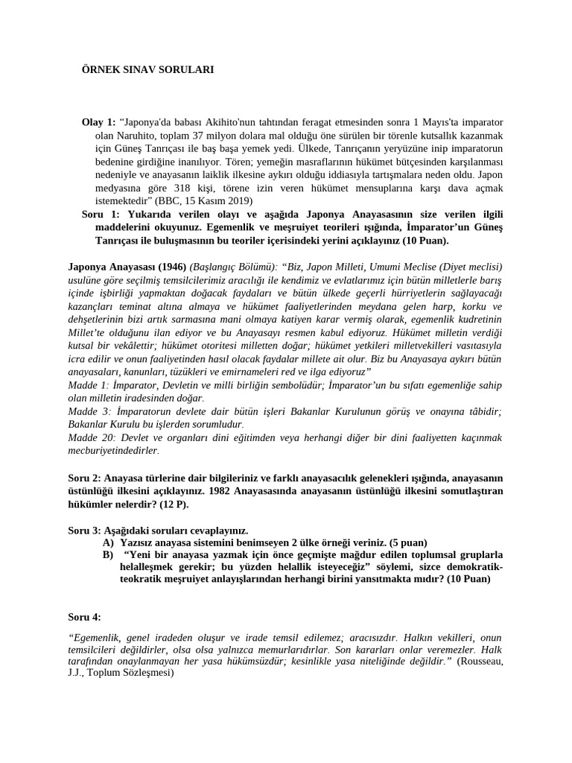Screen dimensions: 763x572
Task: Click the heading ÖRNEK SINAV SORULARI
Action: (147, 69)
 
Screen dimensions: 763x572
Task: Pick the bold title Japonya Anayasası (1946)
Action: (127, 267)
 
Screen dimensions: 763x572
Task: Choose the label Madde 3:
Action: (88, 411)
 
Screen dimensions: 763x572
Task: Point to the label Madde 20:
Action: (91, 437)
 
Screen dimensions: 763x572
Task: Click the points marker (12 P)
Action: (172, 504)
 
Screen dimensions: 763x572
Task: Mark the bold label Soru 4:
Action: (85, 617)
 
